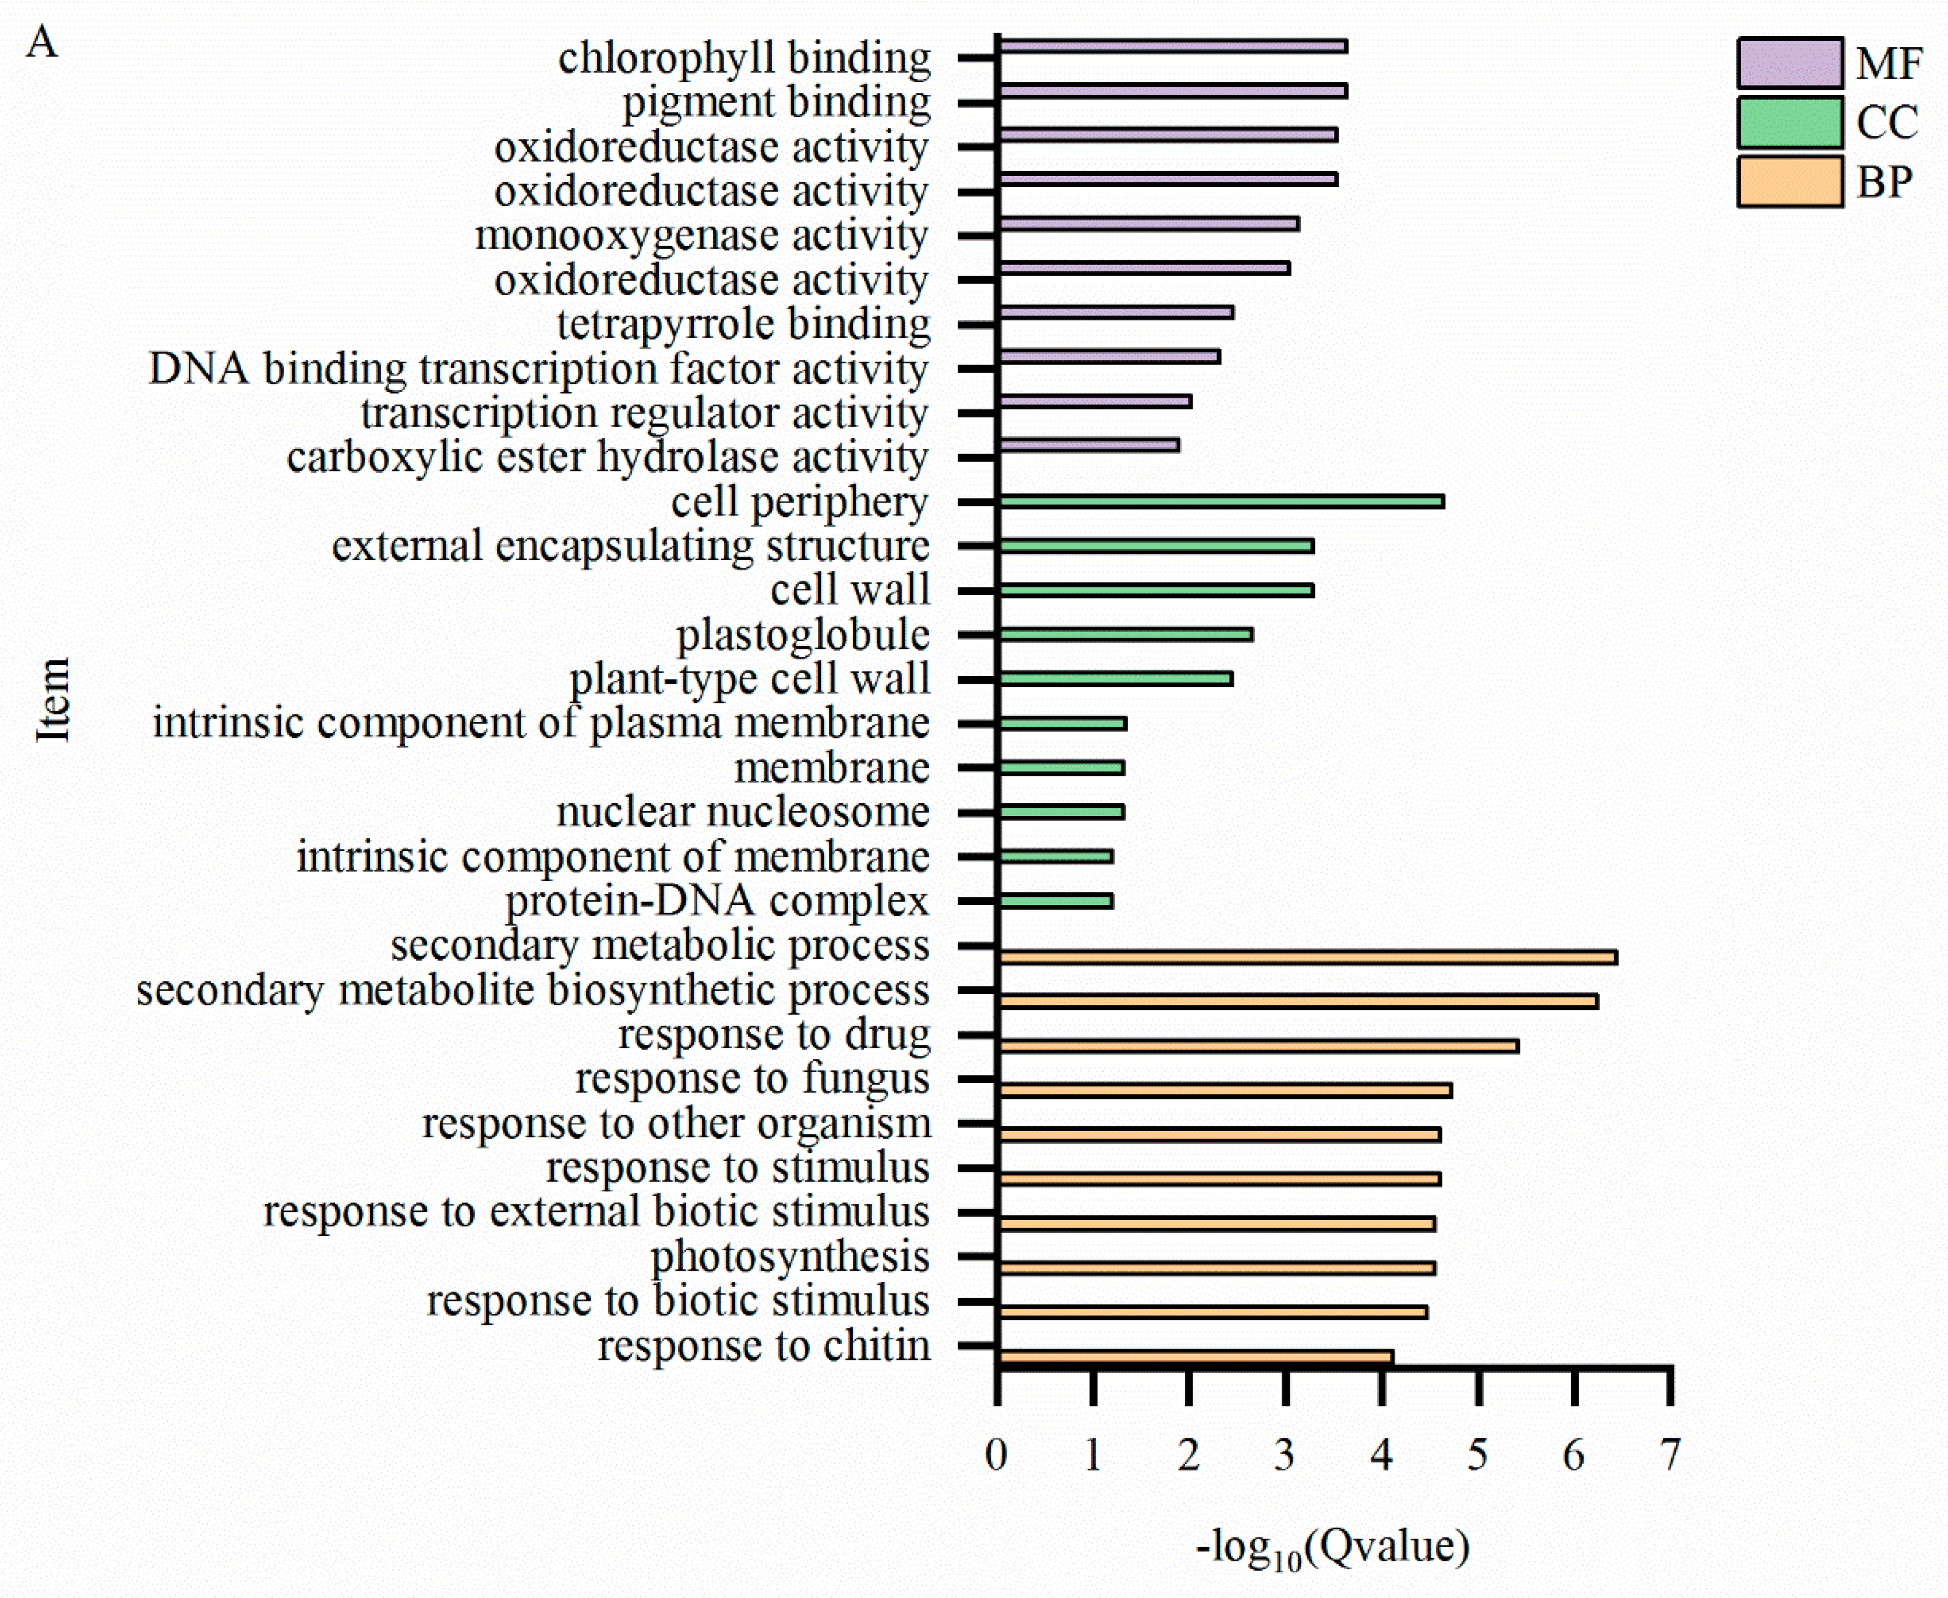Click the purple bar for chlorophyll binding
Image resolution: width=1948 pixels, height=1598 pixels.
pos(1172,46)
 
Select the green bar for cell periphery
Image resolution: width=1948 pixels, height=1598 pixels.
pos(1221,501)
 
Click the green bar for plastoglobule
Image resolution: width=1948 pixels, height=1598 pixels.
pos(1125,634)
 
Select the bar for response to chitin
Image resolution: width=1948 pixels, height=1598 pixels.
pos(1195,1356)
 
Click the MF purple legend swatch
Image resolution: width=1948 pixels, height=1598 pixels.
pos(1790,62)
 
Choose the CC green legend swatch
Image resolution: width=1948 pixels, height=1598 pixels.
pos(1790,122)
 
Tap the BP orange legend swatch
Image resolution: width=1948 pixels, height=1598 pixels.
pos(1790,181)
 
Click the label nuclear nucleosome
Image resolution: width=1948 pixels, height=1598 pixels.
pos(743,812)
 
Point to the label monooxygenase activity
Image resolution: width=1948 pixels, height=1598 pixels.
pos(701,236)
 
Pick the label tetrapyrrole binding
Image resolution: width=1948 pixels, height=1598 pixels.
pos(743,324)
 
